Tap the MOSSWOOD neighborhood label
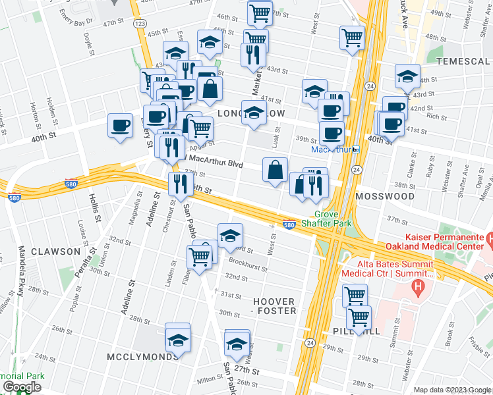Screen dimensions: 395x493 tap(384, 196)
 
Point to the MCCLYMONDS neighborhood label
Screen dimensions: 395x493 tap(142, 356)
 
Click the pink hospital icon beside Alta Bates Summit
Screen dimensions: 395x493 tap(416, 286)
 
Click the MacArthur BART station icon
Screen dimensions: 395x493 tap(355, 149)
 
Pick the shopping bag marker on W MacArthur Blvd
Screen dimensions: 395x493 tap(275, 170)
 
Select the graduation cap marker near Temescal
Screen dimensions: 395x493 tap(407, 77)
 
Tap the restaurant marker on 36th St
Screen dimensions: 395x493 tap(180, 184)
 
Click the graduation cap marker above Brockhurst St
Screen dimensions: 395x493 tap(230, 235)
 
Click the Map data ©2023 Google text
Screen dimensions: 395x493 tap(451, 390)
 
